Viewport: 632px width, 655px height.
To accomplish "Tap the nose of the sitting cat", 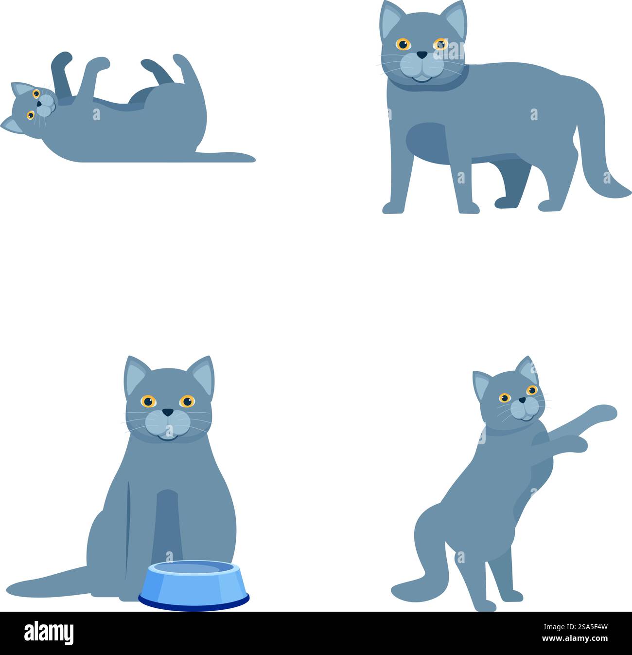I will coord(168,412).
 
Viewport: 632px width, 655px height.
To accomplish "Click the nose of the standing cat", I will coord(422,55).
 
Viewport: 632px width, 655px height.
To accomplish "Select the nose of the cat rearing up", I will coord(521,400).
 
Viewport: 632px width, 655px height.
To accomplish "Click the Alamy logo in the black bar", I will coord(49,633).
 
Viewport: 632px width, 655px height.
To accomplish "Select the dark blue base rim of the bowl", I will coord(193,603).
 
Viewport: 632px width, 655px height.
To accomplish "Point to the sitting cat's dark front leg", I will coord(168,526).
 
